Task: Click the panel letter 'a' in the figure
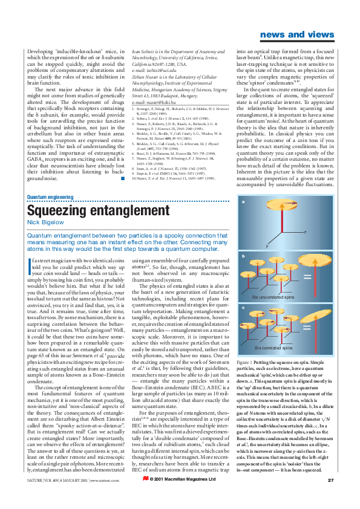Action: click(x=243, y=202)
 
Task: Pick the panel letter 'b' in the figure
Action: click(x=243, y=256)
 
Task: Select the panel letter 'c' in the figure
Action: click(x=243, y=308)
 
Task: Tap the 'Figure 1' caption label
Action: click(x=249, y=359)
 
